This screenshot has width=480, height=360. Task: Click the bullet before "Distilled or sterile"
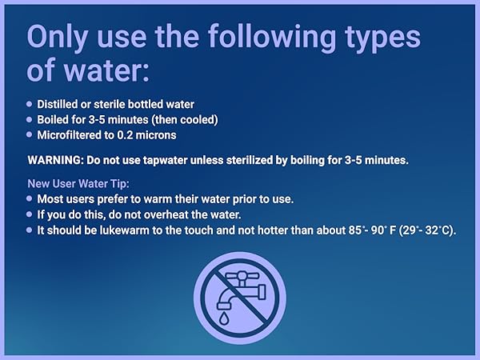(x=30, y=104)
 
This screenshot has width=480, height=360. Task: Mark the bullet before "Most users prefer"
(x=30, y=198)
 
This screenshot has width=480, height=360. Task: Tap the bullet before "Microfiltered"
(x=30, y=135)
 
